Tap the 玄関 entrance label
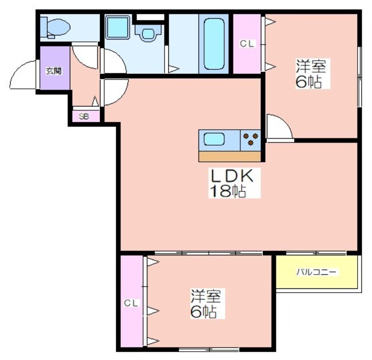[53, 71]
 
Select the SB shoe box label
[84, 117]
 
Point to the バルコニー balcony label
[317, 272]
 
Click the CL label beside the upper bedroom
[247, 44]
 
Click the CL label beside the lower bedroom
[131, 303]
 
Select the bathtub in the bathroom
[214, 44]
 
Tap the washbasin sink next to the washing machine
[148, 33]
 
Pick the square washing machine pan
[118, 27]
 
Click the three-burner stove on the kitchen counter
[251, 140]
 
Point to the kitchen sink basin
[214, 139]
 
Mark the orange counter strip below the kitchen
[230, 157]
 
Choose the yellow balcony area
[317, 272]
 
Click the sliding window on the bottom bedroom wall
[209, 349]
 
